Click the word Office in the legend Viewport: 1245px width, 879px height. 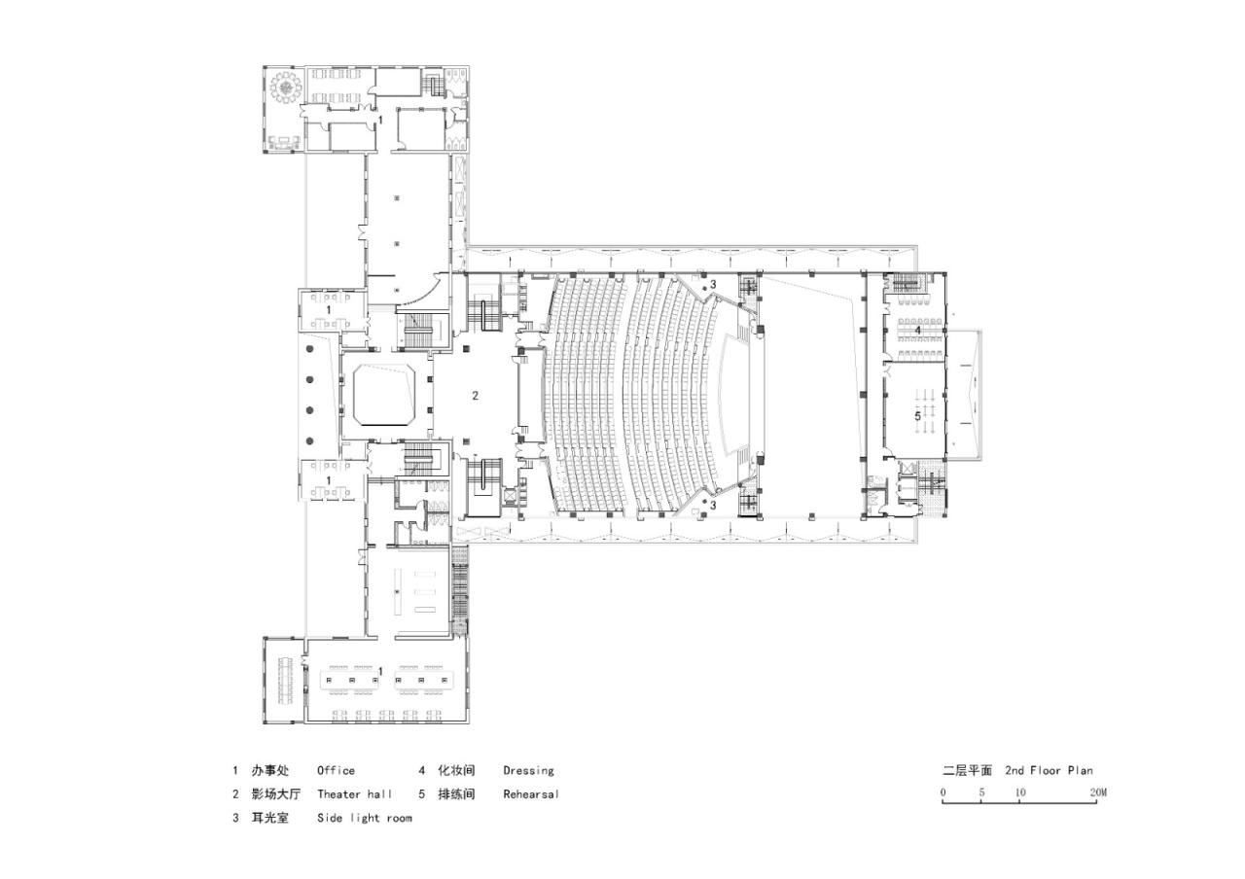coord(336,770)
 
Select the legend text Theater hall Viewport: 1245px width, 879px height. coord(354,793)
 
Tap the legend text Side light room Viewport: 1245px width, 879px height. coord(364,818)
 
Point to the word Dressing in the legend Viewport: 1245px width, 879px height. coord(528,770)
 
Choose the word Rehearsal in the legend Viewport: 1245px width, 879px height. coord(531,793)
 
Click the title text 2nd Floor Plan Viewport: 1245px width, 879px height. coord(1049,770)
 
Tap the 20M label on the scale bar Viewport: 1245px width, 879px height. coord(1098,792)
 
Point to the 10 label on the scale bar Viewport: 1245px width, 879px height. coord(1020,792)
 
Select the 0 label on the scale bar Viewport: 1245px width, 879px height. coord(943,792)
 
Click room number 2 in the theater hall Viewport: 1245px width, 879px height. coord(475,395)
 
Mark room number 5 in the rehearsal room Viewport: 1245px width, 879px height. coord(916,415)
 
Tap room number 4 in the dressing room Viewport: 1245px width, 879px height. coord(917,331)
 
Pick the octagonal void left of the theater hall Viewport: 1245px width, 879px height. coord(384,394)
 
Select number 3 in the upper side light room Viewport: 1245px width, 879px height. coord(712,284)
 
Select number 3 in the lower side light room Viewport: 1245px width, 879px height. coord(712,506)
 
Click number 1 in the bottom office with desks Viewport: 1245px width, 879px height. coord(380,671)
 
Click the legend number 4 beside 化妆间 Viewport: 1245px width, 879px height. coord(422,770)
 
